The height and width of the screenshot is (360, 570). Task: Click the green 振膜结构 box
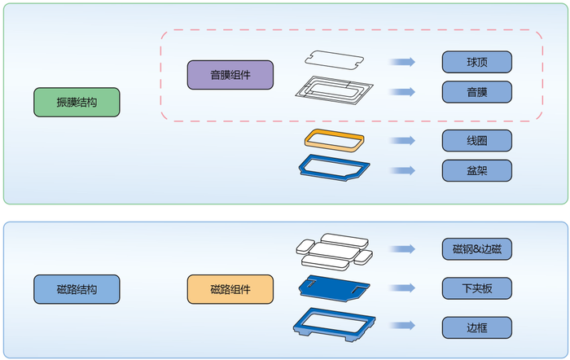pos(77,103)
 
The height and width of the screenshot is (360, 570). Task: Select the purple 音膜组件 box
pos(230,75)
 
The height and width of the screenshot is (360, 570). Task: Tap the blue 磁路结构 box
pos(77,289)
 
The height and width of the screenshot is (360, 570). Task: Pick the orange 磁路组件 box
pos(230,289)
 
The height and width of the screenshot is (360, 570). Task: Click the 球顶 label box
pos(476,62)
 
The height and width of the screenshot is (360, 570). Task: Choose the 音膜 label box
pos(476,91)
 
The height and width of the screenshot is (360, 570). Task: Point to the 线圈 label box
pos(476,140)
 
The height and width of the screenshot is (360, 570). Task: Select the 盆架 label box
pos(476,170)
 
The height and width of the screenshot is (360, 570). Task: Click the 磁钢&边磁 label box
pos(476,249)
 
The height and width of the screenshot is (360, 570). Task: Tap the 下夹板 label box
pos(476,288)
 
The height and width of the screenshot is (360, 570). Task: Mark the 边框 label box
pos(476,327)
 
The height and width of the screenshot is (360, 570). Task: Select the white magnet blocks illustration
pos(334,251)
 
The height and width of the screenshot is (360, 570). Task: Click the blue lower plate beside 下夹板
pos(334,287)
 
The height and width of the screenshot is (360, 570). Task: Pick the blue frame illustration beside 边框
pos(334,324)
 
